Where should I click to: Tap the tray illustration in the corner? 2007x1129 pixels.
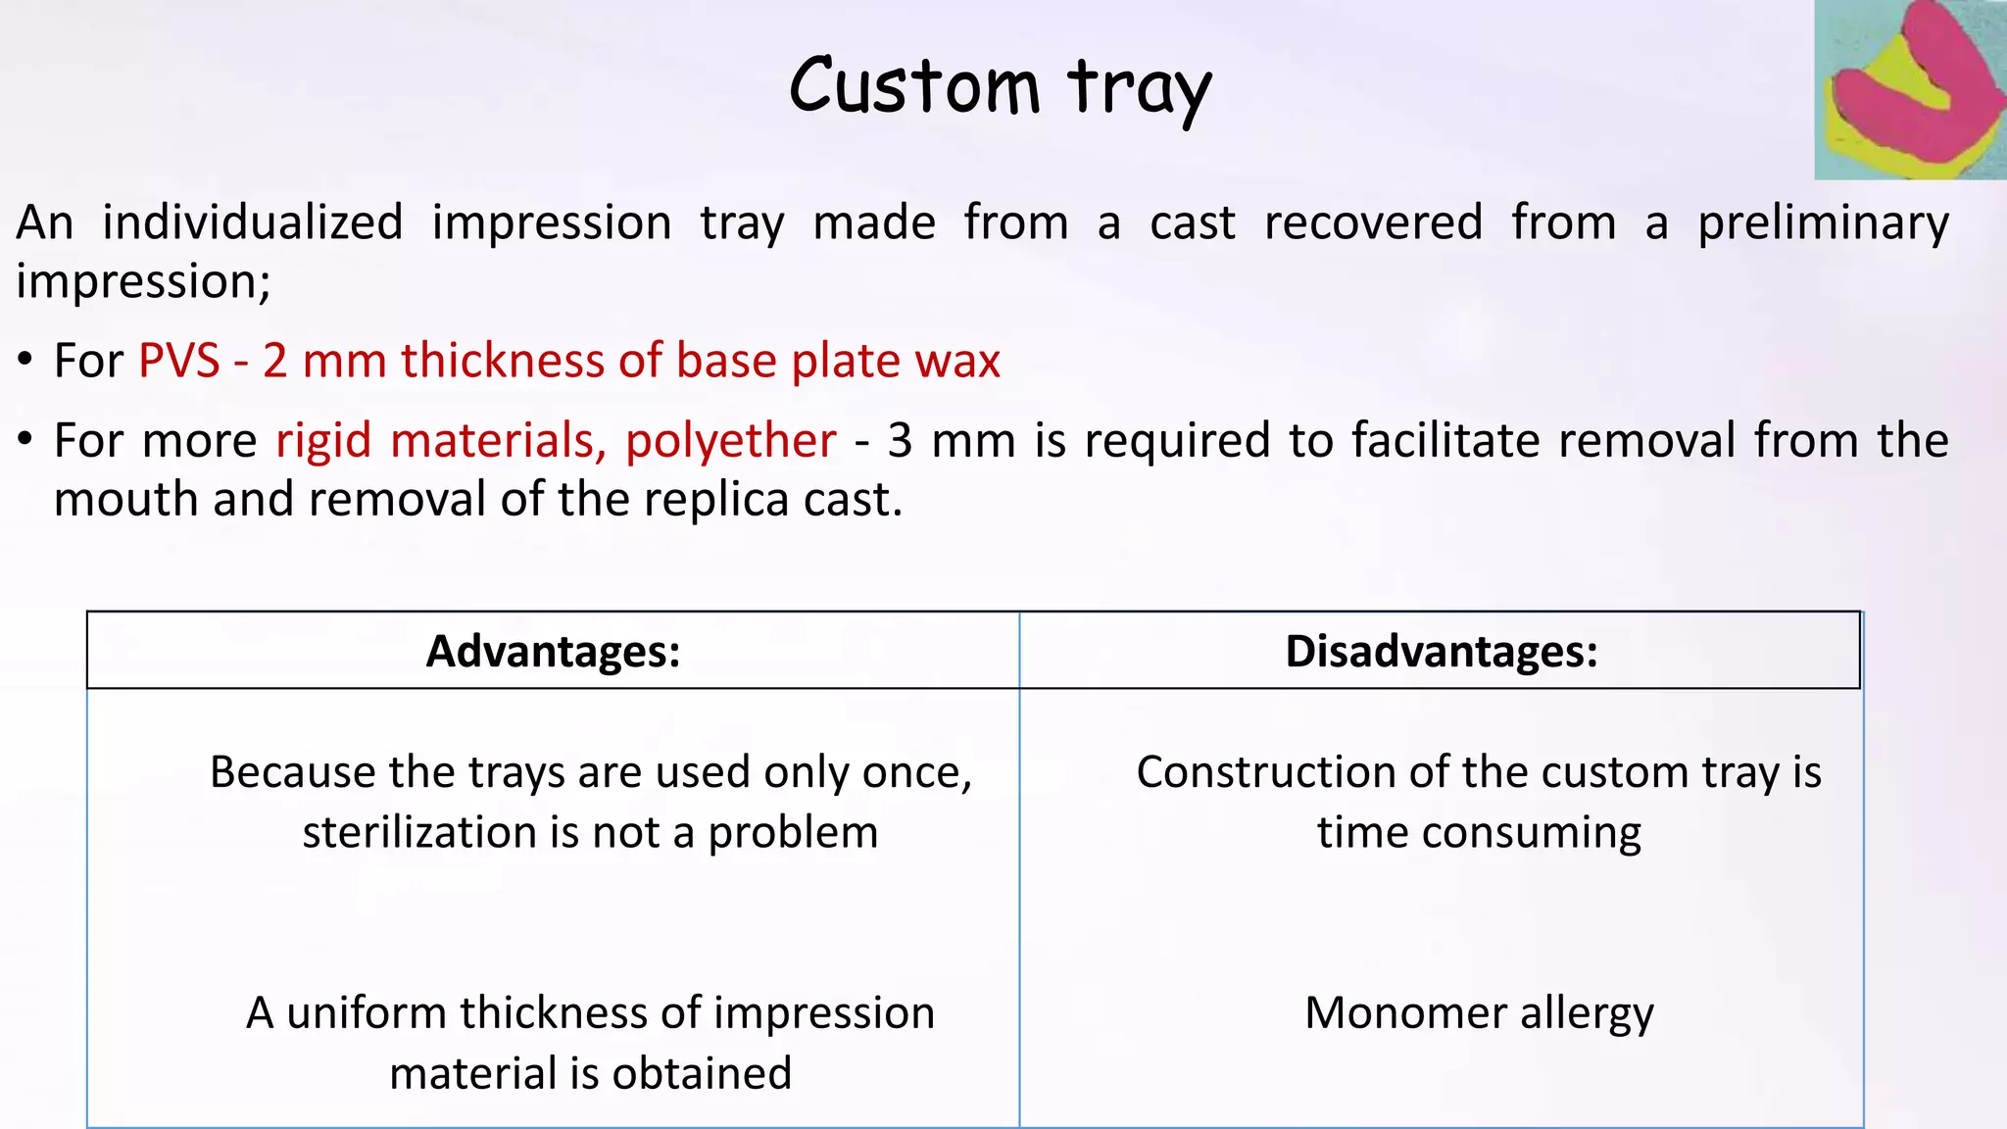tap(1909, 90)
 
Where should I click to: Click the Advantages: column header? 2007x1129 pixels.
tap(553, 652)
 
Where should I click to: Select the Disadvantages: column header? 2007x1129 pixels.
tap(1441, 652)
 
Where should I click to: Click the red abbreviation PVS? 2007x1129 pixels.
tap(179, 361)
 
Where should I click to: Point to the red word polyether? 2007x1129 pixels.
tap(730, 440)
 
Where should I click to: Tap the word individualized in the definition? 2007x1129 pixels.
tap(253, 222)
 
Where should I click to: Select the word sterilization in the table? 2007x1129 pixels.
tap(419, 833)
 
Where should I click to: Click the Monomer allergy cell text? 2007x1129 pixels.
tap(1479, 1013)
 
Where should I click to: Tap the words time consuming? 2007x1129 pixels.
tap(1479, 833)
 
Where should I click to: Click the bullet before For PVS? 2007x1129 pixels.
tap(25, 362)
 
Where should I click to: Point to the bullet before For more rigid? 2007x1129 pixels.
tap(25, 441)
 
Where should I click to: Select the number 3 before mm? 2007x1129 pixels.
tap(900, 441)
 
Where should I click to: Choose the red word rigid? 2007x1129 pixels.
tap(323, 441)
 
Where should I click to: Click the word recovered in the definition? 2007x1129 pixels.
tap(1372, 222)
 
